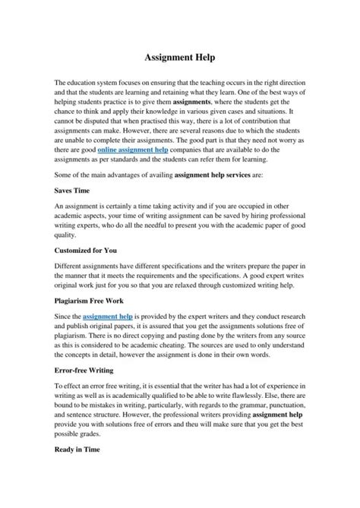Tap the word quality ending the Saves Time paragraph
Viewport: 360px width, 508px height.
[x=68, y=235]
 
